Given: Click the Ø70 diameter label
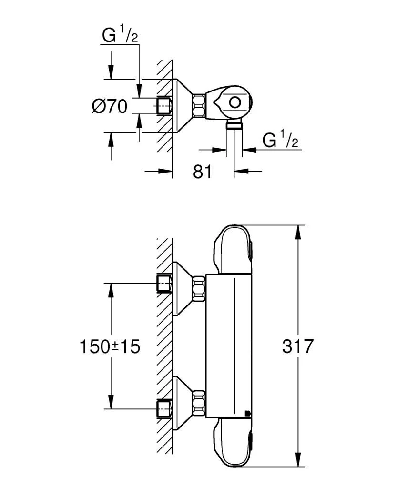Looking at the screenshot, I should coord(110,106).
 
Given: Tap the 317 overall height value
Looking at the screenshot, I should coord(298,346).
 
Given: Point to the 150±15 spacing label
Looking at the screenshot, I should coord(110,346).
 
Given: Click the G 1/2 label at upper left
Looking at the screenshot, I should coord(120,35).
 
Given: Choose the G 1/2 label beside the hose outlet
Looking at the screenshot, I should coord(281,140).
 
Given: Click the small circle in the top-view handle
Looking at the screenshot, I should coord(234,102).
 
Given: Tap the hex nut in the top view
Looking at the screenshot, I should coord(199,105).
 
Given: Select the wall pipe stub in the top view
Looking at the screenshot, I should coord(164,105).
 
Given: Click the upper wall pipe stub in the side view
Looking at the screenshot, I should coord(164,284).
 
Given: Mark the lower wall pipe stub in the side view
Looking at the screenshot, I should coord(164,408).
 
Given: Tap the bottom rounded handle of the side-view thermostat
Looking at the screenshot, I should coord(233,443).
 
